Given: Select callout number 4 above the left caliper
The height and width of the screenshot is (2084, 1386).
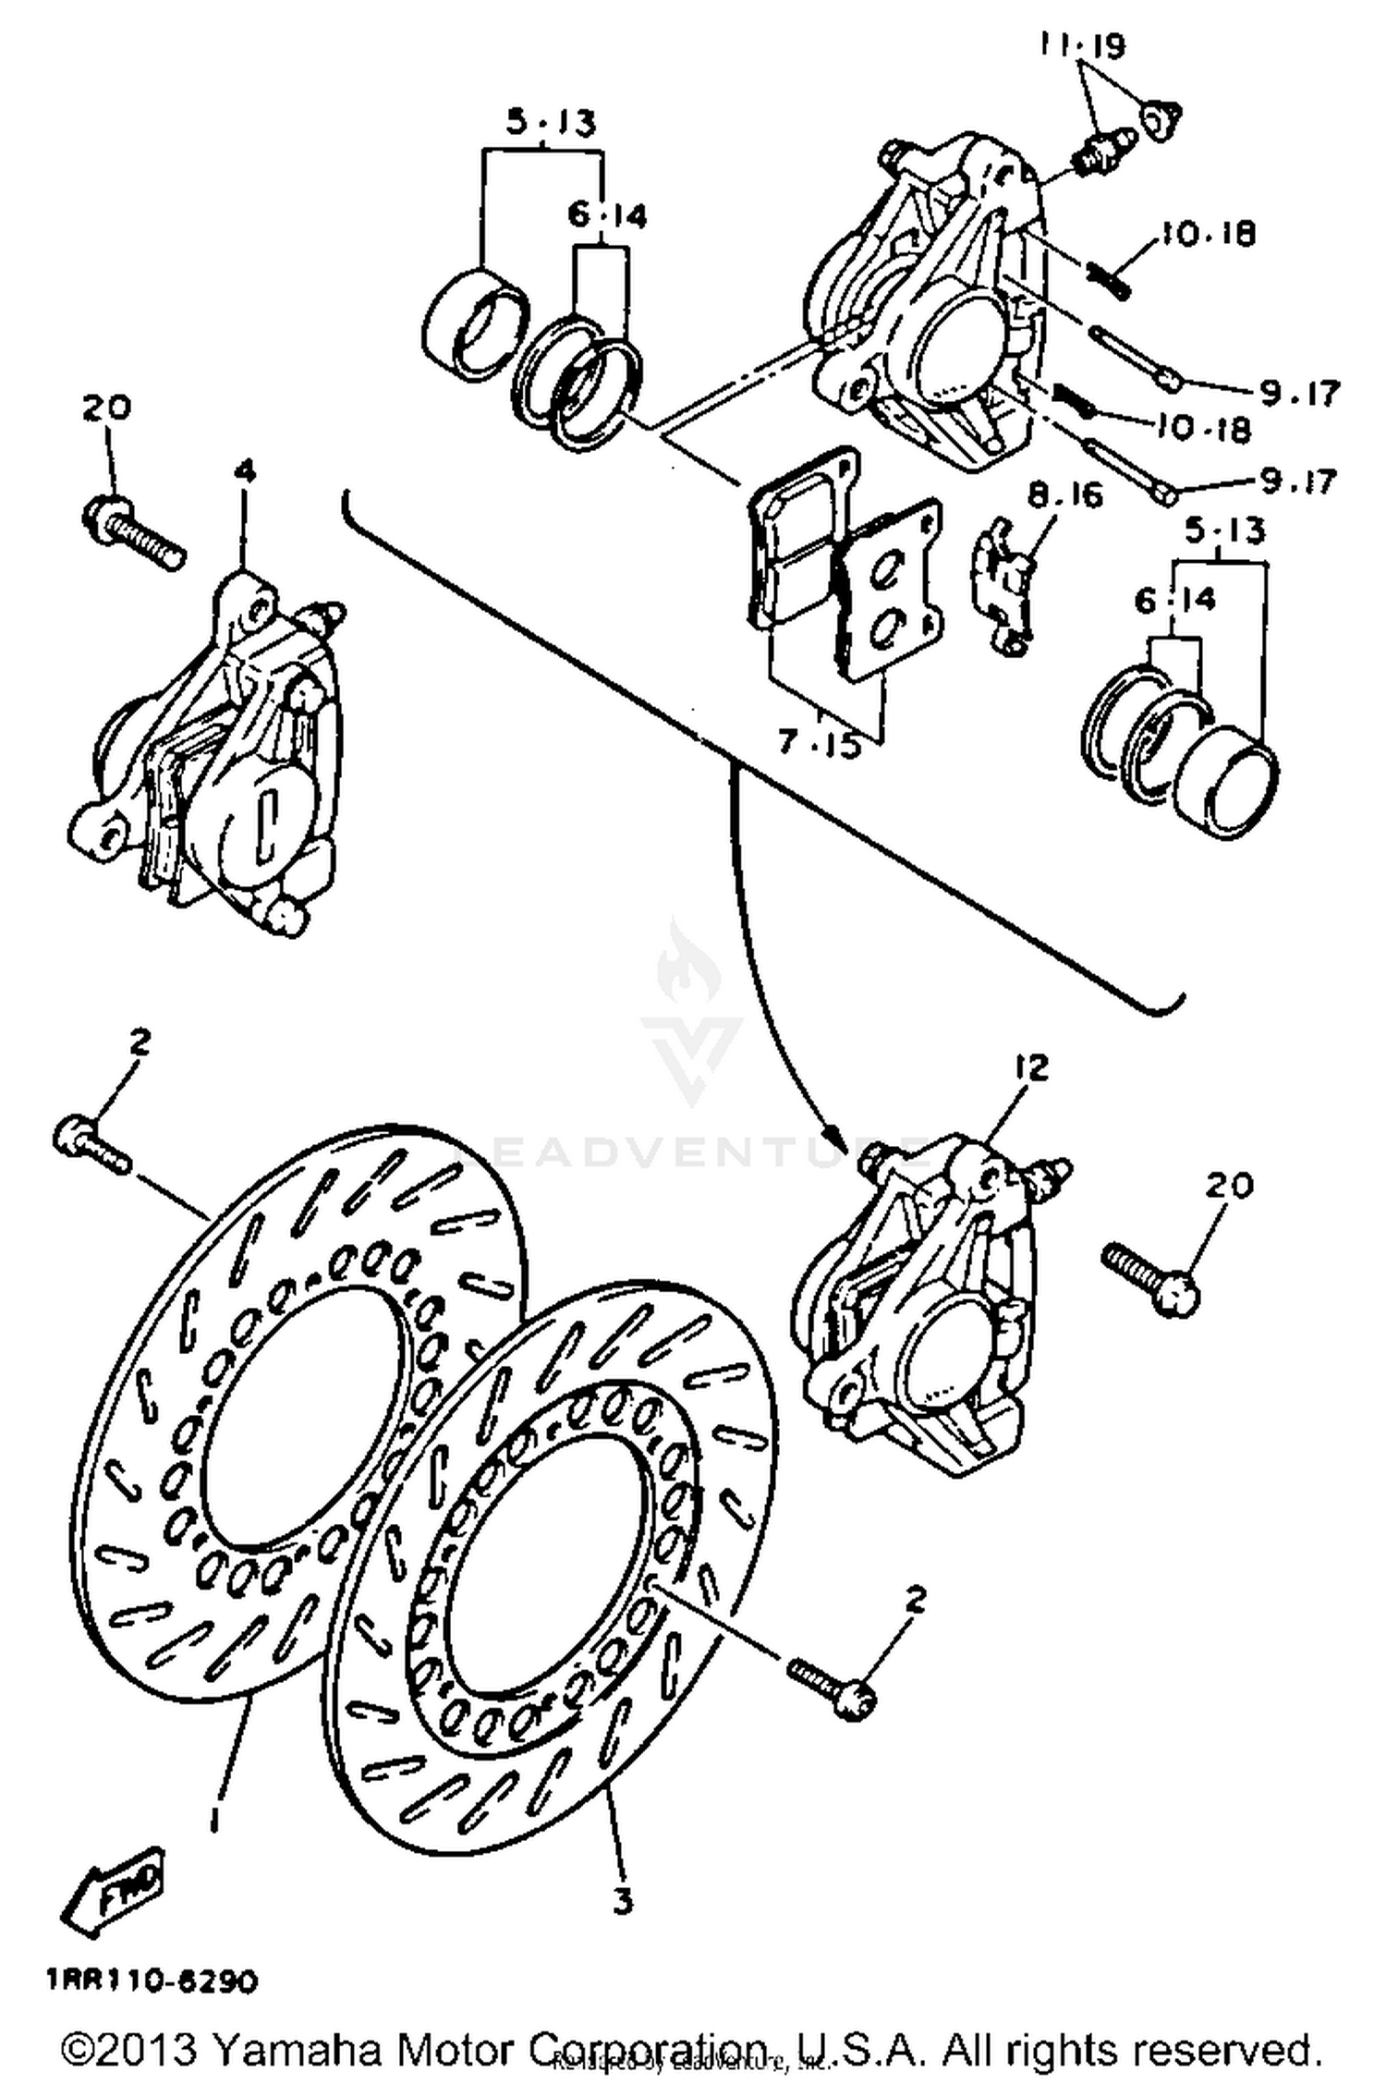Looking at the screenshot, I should (x=244, y=472).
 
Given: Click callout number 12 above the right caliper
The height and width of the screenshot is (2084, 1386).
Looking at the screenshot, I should (x=1031, y=1067).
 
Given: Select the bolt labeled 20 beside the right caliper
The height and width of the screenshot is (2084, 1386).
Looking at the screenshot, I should (x=1151, y=1276).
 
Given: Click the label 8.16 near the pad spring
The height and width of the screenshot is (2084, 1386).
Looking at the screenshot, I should (x=1066, y=496).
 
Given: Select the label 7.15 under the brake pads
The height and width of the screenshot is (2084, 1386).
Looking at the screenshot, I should (x=819, y=743).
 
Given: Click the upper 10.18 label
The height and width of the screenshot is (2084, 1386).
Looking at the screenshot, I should (x=1208, y=234).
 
